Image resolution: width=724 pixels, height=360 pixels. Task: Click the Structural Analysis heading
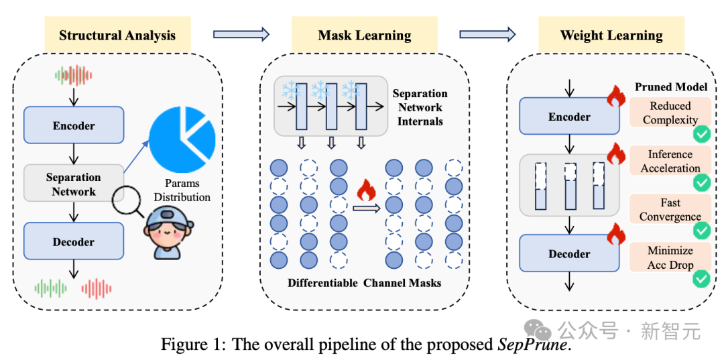pos(117,36)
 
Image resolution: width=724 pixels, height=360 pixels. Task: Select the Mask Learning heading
pos(365,36)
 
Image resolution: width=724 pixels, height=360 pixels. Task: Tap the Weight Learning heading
pos(611,36)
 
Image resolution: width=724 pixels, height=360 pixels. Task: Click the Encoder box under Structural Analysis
pos(74,125)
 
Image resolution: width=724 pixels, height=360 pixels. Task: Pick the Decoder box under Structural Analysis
pos(74,242)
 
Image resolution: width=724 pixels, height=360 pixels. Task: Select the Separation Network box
pos(74,184)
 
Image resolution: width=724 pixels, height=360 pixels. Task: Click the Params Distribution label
pos(182,190)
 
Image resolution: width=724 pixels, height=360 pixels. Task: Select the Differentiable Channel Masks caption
pos(365,283)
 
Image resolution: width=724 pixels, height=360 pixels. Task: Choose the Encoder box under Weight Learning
pos(569,117)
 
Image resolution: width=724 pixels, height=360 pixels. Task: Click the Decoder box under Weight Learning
pos(569,254)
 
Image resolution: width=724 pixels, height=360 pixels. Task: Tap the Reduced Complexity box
pos(670,113)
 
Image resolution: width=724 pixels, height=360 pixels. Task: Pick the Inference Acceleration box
pos(670,162)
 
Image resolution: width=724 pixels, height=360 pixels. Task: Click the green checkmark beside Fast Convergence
pos(702,230)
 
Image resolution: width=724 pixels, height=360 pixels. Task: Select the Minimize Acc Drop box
pos(670,257)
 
